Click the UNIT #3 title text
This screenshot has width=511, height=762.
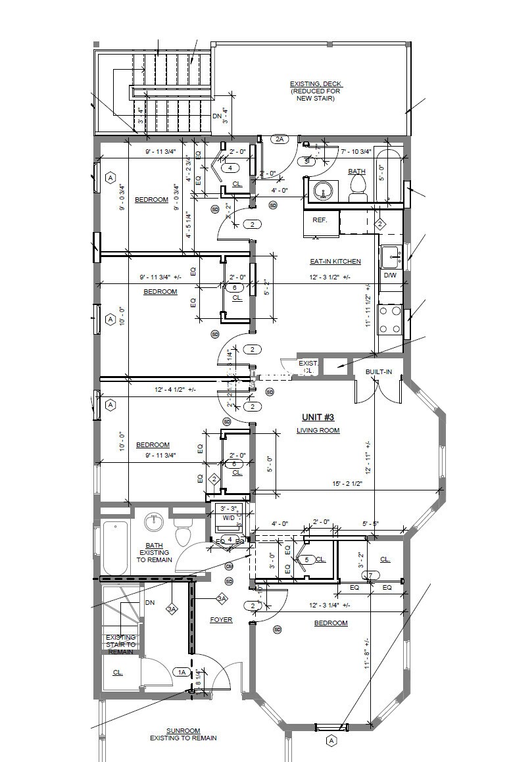[x=318, y=417]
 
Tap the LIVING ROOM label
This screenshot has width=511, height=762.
[x=318, y=431]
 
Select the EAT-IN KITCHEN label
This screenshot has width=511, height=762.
[x=335, y=262]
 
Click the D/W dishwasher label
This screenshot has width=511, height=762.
[x=390, y=275]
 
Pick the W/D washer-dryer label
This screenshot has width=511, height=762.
[x=228, y=517]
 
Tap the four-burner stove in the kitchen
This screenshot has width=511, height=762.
[x=391, y=320]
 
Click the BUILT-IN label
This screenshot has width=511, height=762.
[x=379, y=372]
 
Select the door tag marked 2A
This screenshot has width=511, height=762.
[x=280, y=139]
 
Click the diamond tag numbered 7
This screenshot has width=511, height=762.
[x=371, y=576]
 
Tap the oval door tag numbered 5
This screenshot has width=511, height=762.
[x=306, y=560]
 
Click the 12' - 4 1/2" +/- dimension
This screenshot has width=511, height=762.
[x=175, y=390]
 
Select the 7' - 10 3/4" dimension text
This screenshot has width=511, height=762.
[x=356, y=152]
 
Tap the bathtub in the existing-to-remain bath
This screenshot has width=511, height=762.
[x=116, y=547]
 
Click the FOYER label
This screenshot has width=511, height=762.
[x=221, y=620]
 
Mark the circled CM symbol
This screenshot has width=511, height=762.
[x=229, y=566]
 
